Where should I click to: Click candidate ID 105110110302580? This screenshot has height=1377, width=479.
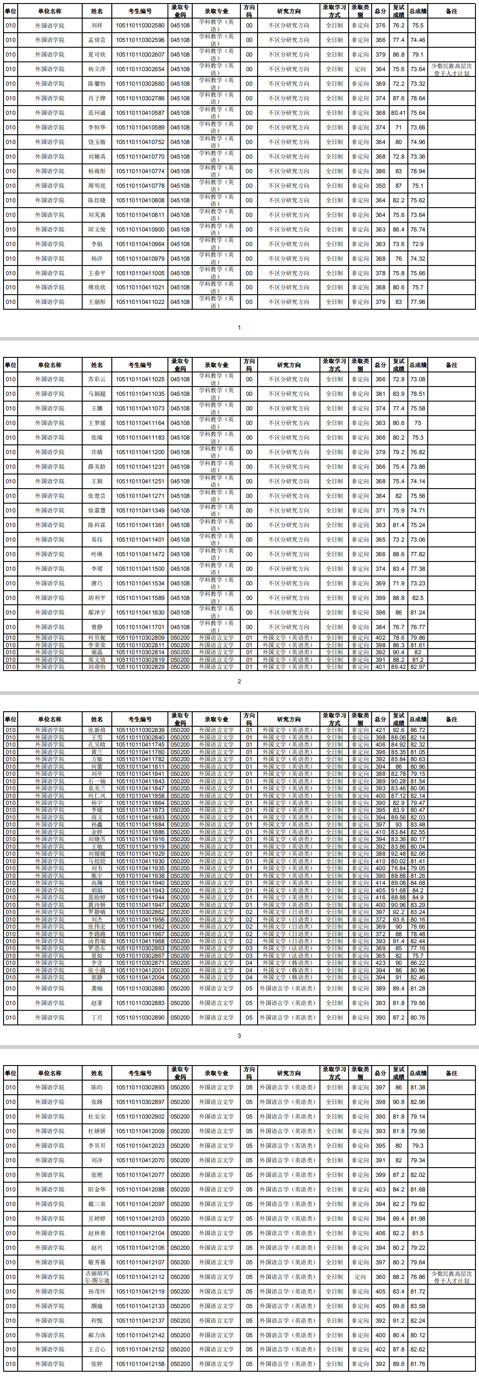(140, 25)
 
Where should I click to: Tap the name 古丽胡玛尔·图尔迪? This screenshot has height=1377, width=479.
(97, 1277)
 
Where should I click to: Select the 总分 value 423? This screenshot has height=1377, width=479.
(380, 963)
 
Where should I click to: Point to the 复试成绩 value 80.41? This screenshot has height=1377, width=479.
(398, 113)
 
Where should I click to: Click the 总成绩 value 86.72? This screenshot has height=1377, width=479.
(418, 730)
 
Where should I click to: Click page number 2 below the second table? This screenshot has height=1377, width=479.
(239, 681)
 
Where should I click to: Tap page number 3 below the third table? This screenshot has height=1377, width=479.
(239, 1036)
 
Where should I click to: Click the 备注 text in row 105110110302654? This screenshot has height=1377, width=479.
(451, 69)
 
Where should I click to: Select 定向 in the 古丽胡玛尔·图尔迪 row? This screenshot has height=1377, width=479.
(360, 1277)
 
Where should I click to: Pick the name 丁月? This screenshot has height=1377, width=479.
(97, 1017)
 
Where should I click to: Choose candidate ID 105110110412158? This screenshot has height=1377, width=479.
(140, 1364)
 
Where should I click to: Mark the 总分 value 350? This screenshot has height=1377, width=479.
(380, 186)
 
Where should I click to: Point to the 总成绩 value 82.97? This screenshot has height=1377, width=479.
(418, 667)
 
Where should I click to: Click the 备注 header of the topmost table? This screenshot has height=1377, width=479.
(451, 11)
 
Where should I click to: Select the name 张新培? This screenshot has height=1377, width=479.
(97, 730)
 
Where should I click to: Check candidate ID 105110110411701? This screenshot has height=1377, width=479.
(140, 627)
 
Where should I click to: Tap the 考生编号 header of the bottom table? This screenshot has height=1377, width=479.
(140, 1073)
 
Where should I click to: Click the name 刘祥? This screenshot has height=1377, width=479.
(97, 25)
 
